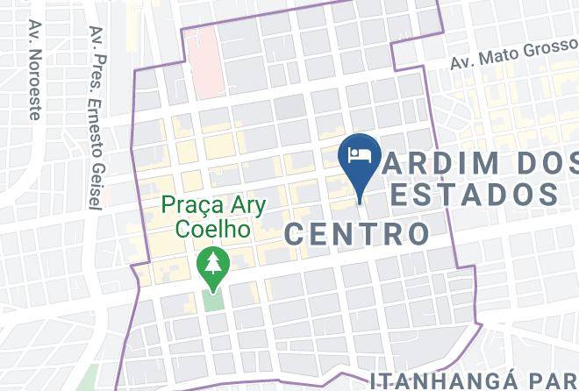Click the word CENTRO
(357, 233)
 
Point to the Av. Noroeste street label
(35, 70)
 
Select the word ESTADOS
(474, 194)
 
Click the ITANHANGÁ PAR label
(474, 380)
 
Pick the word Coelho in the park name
(213, 229)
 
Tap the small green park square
(212, 299)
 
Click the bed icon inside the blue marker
(359, 155)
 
